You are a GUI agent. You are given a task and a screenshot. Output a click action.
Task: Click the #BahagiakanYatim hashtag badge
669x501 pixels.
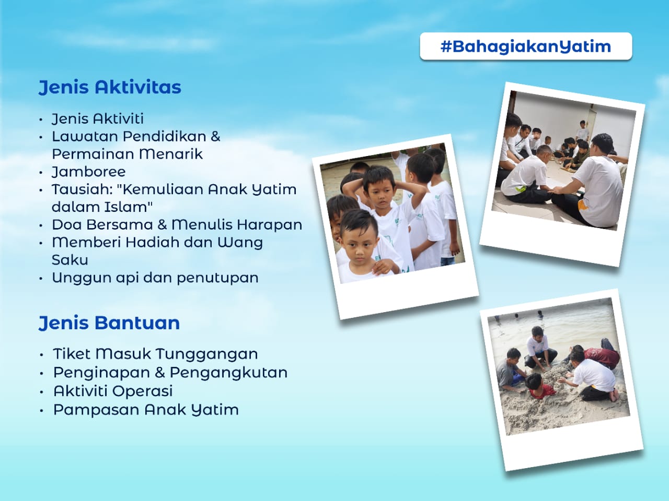click(526, 46)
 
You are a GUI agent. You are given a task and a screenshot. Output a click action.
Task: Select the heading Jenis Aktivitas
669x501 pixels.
click(110, 87)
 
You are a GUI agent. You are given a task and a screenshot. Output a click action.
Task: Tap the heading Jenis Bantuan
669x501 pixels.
click(109, 323)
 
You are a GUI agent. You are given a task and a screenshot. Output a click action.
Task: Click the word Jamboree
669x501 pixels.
click(89, 172)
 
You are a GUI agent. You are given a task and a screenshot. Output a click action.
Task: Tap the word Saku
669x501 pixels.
click(70, 260)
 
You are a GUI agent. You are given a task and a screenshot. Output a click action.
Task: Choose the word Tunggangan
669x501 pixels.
click(207, 354)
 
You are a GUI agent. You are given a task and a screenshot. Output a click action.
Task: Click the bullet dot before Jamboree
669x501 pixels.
click(41, 173)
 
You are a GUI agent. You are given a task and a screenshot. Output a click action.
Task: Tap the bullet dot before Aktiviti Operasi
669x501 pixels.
click(41, 392)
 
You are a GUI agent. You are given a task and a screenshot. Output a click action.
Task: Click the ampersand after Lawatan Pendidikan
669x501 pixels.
click(215, 136)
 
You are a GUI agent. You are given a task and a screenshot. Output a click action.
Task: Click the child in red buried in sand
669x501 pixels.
click(539, 386)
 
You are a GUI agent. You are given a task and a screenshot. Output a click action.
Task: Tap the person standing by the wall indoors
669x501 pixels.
click(582, 130)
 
